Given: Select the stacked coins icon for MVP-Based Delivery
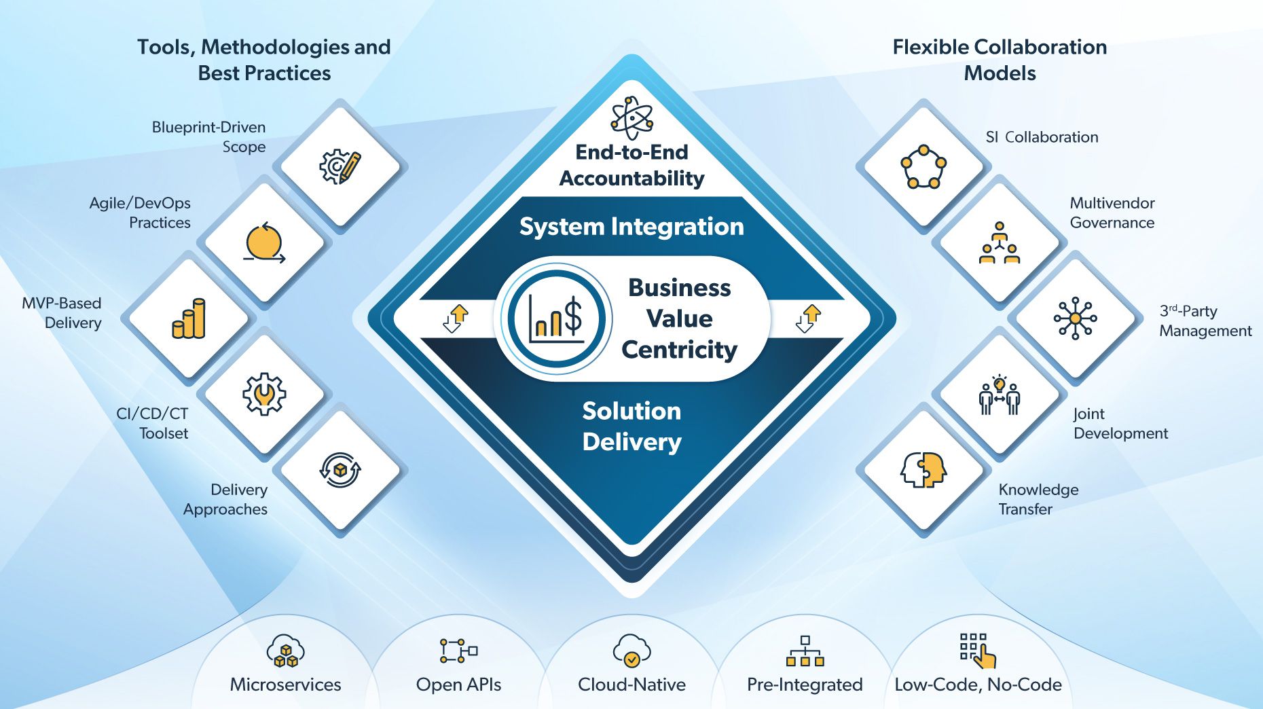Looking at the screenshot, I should coord(189,319).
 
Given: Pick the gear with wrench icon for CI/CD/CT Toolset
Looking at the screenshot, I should coord(264,394).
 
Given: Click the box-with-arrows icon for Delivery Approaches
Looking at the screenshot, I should coord(340,470).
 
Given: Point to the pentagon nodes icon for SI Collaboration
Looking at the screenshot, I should coord(923,166).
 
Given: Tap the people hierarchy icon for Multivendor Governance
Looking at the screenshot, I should coord(999,243).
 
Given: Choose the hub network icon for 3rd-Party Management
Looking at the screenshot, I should coord(1075,319).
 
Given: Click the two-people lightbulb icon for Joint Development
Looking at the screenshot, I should coord(999,395).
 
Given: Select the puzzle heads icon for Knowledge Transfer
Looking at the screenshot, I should coord(923,470).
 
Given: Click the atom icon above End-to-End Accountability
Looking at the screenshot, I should coord(631,117).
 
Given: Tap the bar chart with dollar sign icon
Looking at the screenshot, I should coord(556,319).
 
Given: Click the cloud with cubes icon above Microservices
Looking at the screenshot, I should coord(285,651).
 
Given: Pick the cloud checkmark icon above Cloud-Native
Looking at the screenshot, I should coord(631,651).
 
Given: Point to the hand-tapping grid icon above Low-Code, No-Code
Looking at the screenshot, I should coord(978,651).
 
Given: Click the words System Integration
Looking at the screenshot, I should coord(631,226).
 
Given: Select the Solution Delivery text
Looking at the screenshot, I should coord(631,426).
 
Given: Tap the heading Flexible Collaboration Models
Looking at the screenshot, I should coord(1000,60).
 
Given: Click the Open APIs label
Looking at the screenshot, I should coord(458,685).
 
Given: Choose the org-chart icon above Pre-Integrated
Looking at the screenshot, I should coord(805,651).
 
